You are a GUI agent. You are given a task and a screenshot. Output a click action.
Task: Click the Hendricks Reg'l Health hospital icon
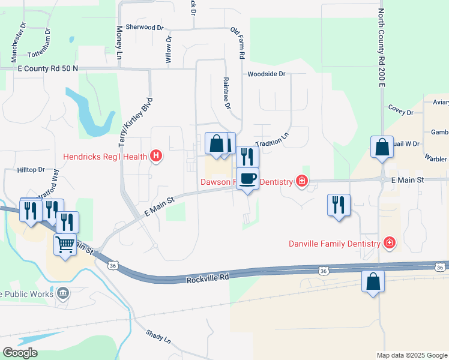pos(156,157)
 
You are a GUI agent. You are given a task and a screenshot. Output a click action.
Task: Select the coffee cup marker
pos(247,178)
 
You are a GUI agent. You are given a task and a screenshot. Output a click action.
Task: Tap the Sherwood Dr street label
pos(143,28)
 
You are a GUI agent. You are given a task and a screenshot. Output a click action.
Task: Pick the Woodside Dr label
pos(266,74)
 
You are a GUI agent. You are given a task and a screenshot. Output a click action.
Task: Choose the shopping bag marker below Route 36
pos(373,281)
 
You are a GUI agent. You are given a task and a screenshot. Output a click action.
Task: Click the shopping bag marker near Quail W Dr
pos(382,147)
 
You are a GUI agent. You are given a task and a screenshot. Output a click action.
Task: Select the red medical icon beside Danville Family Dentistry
pos(390,243)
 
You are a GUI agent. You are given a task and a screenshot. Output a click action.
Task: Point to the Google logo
pos(20,353)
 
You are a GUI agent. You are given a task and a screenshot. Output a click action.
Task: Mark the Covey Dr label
pos(401,112)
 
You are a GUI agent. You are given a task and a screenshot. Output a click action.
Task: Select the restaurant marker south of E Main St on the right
pos(339,205)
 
